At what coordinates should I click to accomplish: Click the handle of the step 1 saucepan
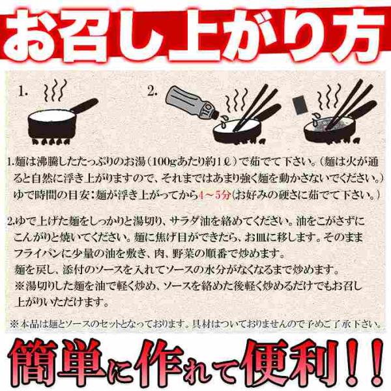[x=85, y=105]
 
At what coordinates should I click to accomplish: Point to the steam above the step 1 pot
[x=55, y=90]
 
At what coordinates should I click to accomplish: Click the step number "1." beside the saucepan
[x=23, y=92]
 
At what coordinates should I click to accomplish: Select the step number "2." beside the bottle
[x=152, y=92]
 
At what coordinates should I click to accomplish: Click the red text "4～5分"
[x=214, y=195]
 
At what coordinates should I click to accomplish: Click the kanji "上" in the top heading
[x=195, y=35]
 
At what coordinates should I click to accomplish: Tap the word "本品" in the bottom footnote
[x=27, y=325]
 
